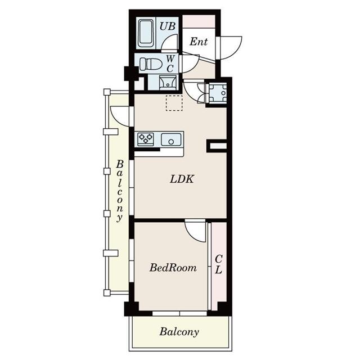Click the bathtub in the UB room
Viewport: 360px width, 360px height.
[147, 34]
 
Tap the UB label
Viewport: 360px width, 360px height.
[167, 25]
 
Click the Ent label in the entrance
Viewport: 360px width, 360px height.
[198, 42]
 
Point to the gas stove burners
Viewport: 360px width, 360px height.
[146, 139]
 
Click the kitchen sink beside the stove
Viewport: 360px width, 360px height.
[171, 139]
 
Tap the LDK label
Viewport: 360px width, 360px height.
[182, 180]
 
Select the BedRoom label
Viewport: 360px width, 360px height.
[173, 268]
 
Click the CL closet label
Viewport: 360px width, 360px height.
[218, 264]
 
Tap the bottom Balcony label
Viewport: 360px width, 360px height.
[179, 332]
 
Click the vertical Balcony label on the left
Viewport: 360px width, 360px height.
[119, 191]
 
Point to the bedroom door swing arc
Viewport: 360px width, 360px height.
[196, 231]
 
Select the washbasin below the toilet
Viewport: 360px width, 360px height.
[167, 83]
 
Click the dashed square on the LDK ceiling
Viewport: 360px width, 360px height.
[174, 103]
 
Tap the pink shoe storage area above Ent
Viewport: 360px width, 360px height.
[199, 22]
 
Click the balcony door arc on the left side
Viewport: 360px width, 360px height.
[120, 116]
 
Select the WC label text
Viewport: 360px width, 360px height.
[170, 62]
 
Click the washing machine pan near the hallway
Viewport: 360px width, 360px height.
[217, 92]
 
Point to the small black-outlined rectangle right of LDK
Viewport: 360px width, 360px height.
[217, 146]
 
